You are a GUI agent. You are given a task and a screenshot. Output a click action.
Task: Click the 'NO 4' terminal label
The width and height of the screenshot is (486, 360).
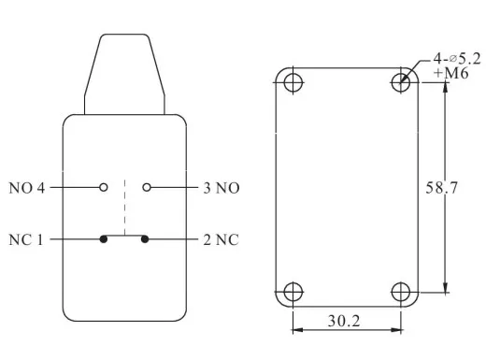tap(27, 188)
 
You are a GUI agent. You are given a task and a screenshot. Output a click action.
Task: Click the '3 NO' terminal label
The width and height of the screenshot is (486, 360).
tap(222, 188)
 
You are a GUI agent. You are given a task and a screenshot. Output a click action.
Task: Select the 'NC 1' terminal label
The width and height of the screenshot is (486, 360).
tap(25, 239)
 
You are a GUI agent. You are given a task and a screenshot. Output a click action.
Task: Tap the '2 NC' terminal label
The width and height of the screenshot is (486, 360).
tap(221, 239)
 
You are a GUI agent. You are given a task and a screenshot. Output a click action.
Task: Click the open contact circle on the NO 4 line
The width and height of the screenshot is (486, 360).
tap(104, 187)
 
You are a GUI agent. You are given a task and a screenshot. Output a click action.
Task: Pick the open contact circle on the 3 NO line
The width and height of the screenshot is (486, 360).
tap(147, 187)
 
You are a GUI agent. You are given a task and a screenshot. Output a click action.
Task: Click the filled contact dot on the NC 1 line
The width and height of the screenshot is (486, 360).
tap(104, 239)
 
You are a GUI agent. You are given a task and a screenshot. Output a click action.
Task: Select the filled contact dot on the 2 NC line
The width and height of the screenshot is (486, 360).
tap(145, 239)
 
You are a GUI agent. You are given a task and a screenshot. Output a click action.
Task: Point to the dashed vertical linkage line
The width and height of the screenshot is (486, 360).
tap(124, 208)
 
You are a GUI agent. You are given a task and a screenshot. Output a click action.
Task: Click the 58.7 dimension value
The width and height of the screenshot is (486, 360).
tap(441, 188)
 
